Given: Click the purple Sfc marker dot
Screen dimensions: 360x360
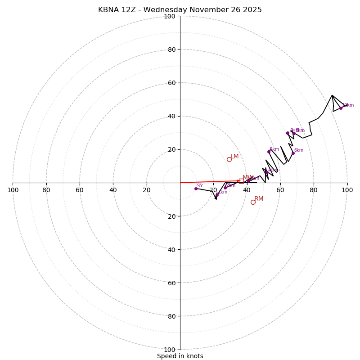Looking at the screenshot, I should pyautogui.click(x=196, y=189).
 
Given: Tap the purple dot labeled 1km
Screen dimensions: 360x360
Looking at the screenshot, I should pyautogui.click(x=217, y=195).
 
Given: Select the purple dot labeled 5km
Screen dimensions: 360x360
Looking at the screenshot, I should pyautogui.click(x=269, y=152).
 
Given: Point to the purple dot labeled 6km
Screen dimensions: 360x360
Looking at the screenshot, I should pyautogui.click(x=293, y=153).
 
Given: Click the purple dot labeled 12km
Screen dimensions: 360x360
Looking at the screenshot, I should pyautogui.click(x=341, y=108).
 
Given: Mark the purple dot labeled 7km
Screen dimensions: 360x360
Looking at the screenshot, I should pyautogui.click(x=288, y=133).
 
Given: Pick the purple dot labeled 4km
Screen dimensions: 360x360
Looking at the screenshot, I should pyautogui.click(x=266, y=172).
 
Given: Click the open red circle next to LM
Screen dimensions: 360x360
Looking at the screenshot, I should pyautogui.click(x=229, y=159).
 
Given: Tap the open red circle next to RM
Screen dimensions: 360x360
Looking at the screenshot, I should pyautogui.click(x=253, y=202).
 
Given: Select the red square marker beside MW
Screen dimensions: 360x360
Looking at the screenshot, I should pyautogui.click(x=241, y=181).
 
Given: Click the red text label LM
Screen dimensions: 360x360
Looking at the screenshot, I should pyautogui.click(x=235, y=157).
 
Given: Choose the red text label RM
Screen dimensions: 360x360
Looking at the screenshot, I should pyautogui.click(x=259, y=199).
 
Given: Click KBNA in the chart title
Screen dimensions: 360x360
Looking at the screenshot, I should pyautogui.click(x=108, y=10).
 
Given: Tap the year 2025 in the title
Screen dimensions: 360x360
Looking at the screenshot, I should pyautogui.click(x=252, y=10).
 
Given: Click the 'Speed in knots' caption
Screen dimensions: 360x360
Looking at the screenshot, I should pyautogui.click(x=180, y=356).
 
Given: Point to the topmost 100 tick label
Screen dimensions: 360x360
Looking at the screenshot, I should pyautogui.click(x=170, y=16).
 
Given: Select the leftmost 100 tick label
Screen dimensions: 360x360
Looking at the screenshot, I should pyautogui.click(x=13, y=190).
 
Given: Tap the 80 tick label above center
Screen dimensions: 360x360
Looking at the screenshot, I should pyautogui.click(x=171, y=49).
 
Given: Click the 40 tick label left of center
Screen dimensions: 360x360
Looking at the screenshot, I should pyautogui.click(x=113, y=190).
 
